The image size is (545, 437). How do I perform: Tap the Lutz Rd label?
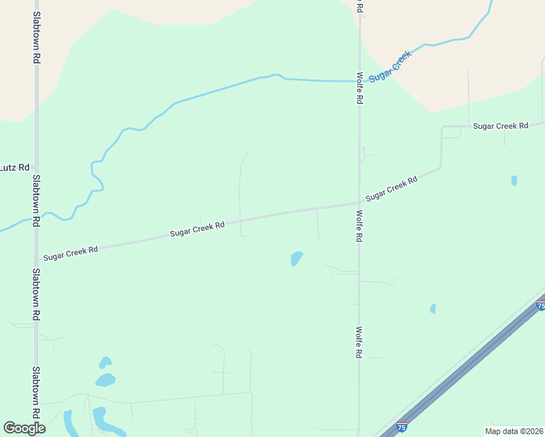click(x=15, y=167)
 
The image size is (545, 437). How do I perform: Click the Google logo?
click(x=24, y=428)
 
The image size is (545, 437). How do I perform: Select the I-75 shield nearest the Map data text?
click(x=401, y=428)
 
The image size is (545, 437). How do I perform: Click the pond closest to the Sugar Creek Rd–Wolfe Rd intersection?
click(x=297, y=258)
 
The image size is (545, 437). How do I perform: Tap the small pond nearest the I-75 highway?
click(x=433, y=309)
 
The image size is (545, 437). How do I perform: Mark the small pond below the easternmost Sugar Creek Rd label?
click(x=514, y=180)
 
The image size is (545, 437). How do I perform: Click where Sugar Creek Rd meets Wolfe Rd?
click(x=358, y=202)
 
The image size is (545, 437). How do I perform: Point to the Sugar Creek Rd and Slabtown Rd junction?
click(x=36, y=258)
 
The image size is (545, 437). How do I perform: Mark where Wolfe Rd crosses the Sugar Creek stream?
click(x=358, y=81)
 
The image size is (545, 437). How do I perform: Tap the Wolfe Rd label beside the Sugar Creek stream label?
click(x=359, y=87)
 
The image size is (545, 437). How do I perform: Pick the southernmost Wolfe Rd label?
click(x=359, y=342)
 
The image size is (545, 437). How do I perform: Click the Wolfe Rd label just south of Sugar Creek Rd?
click(x=359, y=226)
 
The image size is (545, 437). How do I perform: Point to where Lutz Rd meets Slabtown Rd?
click(x=36, y=167)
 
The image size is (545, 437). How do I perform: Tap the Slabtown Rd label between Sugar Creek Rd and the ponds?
click(x=36, y=295)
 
